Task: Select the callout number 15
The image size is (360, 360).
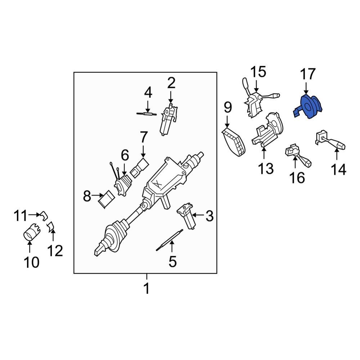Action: coord(258,72)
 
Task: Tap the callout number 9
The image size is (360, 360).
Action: coord(227,108)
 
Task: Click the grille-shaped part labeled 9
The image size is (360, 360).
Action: coord(234,144)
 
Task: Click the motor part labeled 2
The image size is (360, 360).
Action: coord(168,119)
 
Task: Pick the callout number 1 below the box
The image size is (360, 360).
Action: coord(147,289)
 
